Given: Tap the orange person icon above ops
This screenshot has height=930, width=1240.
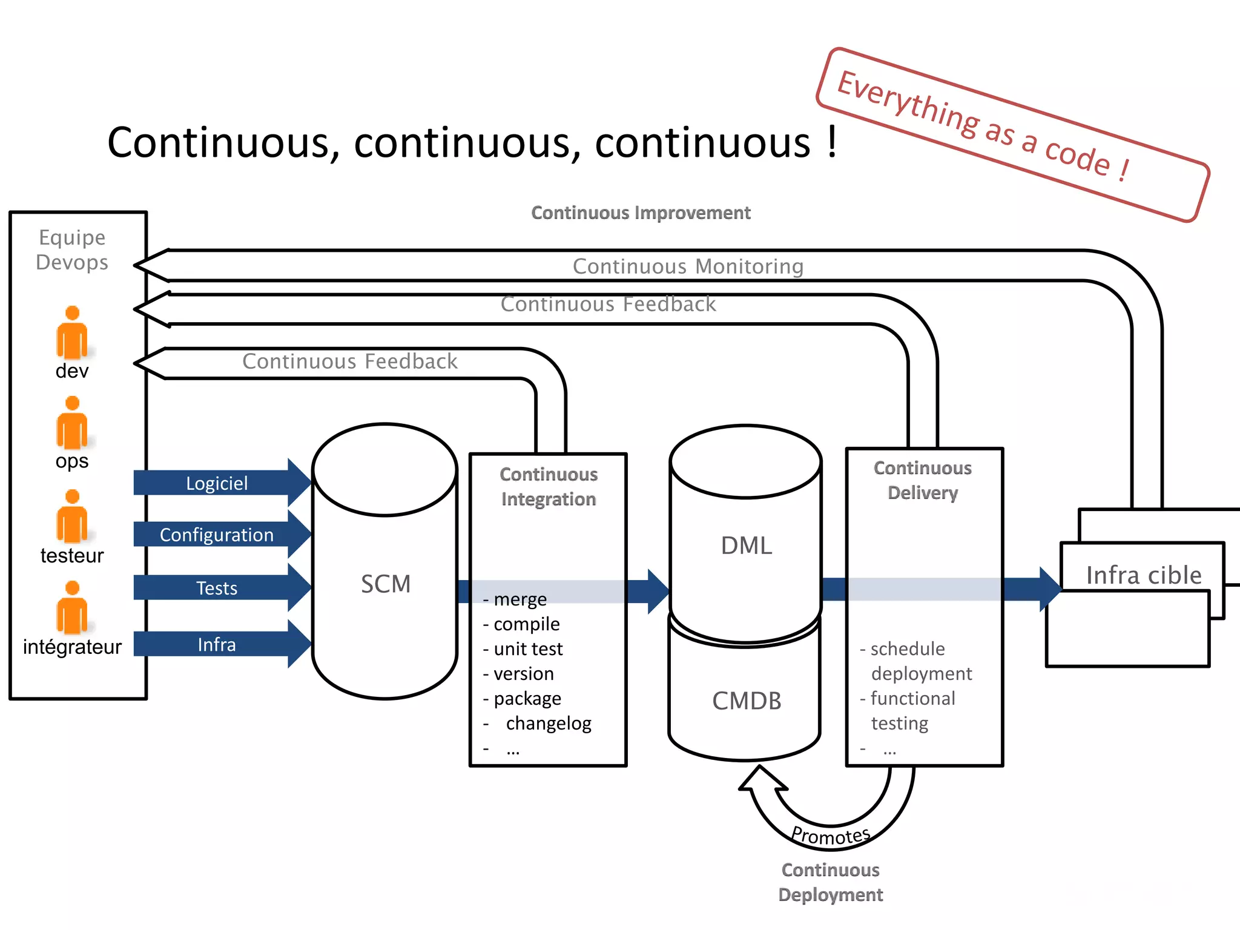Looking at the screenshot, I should click(x=72, y=423).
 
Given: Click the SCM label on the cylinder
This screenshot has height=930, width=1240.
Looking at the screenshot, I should click(x=386, y=584).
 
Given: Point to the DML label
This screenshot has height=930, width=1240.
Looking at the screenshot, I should click(x=746, y=546).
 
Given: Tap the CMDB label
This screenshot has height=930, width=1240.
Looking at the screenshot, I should click(x=746, y=701).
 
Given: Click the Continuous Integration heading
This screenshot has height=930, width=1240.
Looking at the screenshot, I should click(x=549, y=487).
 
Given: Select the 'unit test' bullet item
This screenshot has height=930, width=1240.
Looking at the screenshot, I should click(x=527, y=649).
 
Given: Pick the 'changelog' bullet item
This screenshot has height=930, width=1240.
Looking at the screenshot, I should click(x=547, y=724).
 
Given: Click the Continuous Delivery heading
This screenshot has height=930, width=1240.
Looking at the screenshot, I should click(x=923, y=480).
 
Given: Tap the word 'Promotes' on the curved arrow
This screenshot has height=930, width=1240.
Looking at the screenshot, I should click(x=831, y=836).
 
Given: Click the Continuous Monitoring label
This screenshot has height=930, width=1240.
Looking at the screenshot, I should click(x=688, y=266).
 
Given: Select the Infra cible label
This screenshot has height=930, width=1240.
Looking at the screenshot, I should click(x=1143, y=575).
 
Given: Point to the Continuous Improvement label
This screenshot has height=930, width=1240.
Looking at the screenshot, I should click(x=641, y=213).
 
